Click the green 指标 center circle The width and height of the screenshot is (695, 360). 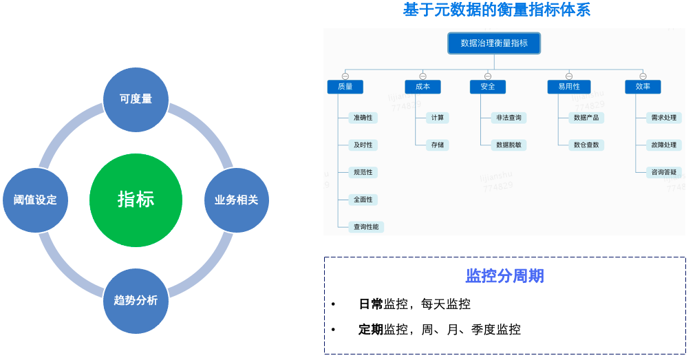pyautogui.click(x=136, y=200)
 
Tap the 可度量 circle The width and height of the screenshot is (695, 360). pyautogui.click(x=136, y=98)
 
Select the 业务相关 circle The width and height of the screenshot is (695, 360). pyautogui.click(x=236, y=200)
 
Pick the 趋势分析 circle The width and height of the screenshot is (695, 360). pyautogui.click(x=136, y=301)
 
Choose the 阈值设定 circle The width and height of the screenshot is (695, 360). pyautogui.click(x=35, y=200)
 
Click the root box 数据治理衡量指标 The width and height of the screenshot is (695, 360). pyautogui.click(x=494, y=43)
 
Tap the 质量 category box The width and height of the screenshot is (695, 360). pyautogui.click(x=345, y=87)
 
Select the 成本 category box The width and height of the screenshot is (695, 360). pyautogui.click(x=423, y=87)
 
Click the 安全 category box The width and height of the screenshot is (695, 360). pyautogui.click(x=488, y=87)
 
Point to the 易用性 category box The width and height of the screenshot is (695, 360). pyautogui.click(x=569, y=87)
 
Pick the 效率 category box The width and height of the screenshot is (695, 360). pyautogui.click(x=643, y=87)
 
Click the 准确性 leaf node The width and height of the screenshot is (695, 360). pyautogui.click(x=363, y=118)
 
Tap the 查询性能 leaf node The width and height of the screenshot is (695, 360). pyautogui.click(x=365, y=226)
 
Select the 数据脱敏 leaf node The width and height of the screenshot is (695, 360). pyautogui.click(x=509, y=145)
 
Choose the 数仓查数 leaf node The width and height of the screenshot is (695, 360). pyautogui.click(x=586, y=145)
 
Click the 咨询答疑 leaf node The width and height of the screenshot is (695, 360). pyautogui.click(x=663, y=172)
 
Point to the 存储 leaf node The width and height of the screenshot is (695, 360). pyautogui.click(x=438, y=145)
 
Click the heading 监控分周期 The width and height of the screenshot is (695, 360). pyautogui.click(x=504, y=276)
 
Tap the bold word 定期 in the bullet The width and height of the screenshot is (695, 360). pyautogui.click(x=371, y=330)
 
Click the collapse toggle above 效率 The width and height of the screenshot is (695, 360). pyautogui.click(x=643, y=76)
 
